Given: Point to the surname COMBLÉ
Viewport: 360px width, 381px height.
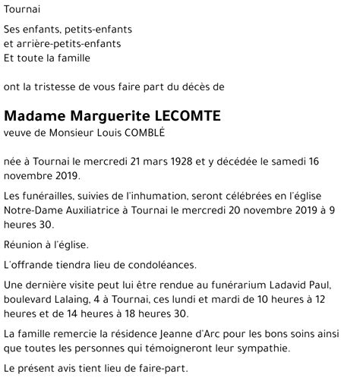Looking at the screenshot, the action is tap(142, 132).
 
